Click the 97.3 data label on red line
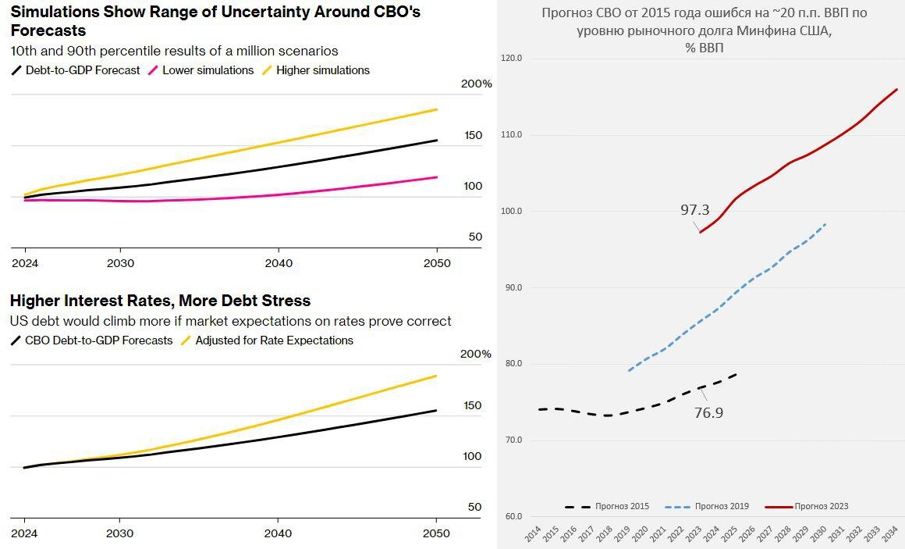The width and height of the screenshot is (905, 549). click(x=694, y=209)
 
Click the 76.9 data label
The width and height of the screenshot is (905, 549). click(x=708, y=413)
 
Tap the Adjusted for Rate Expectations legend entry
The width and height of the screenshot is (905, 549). click(x=274, y=340)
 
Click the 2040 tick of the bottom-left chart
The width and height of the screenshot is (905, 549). click(x=279, y=533)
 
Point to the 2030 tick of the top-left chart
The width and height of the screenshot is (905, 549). click(x=119, y=263)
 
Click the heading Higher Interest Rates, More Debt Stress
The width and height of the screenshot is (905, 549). click(x=160, y=301)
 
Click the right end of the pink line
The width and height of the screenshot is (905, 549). click(x=437, y=177)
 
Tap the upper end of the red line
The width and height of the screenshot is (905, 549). click(x=897, y=89)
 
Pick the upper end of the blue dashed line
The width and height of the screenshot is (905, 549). click(x=825, y=224)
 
